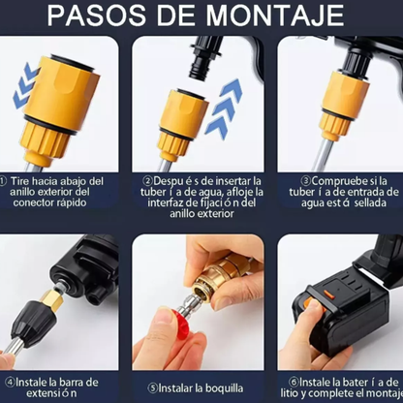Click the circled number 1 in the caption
point(7,181)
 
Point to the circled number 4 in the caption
point(9,383)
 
